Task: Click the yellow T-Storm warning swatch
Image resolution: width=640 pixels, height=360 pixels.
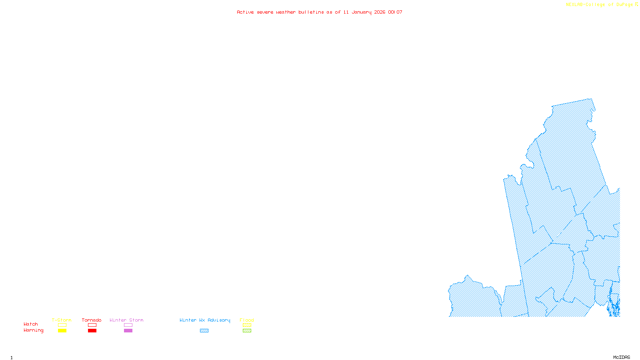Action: pyautogui.click(x=62, y=331)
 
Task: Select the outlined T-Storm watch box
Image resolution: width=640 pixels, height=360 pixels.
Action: pyautogui.click(x=62, y=325)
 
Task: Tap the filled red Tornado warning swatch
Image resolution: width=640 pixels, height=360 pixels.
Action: pyautogui.click(x=92, y=331)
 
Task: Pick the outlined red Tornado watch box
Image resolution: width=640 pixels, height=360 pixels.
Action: pyautogui.click(x=92, y=325)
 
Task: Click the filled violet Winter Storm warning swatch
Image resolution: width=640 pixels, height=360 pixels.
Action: pyautogui.click(x=128, y=331)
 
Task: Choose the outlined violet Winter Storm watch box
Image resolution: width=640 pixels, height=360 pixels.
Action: pyautogui.click(x=128, y=325)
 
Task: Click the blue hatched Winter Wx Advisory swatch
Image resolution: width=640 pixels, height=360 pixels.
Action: pyautogui.click(x=204, y=331)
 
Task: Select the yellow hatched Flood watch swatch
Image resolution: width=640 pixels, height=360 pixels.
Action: pyautogui.click(x=247, y=325)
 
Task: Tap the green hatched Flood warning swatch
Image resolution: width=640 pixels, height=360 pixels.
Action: pyautogui.click(x=247, y=331)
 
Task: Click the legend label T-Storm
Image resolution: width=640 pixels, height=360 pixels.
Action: pyautogui.click(x=62, y=320)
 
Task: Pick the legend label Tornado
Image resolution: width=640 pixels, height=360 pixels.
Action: pyautogui.click(x=92, y=320)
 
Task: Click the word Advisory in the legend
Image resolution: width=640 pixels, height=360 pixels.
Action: pyautogui.click(x=219, y=320)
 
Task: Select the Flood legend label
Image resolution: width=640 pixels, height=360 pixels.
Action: pyautogui.click(x=247, y=320)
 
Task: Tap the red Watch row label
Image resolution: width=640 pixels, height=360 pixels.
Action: pyautogui.click(x=31, y=324)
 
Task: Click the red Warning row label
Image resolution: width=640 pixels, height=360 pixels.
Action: pyautogui.click(x=33, y=330)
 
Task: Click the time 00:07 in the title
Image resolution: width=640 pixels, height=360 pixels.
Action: pyautogui.click(x=395, y=12)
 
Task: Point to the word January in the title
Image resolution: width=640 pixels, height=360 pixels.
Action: pyautogui.click(x=362, y=12)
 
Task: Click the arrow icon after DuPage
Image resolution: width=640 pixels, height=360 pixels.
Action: pyautogui.click(x=636, y=4)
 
